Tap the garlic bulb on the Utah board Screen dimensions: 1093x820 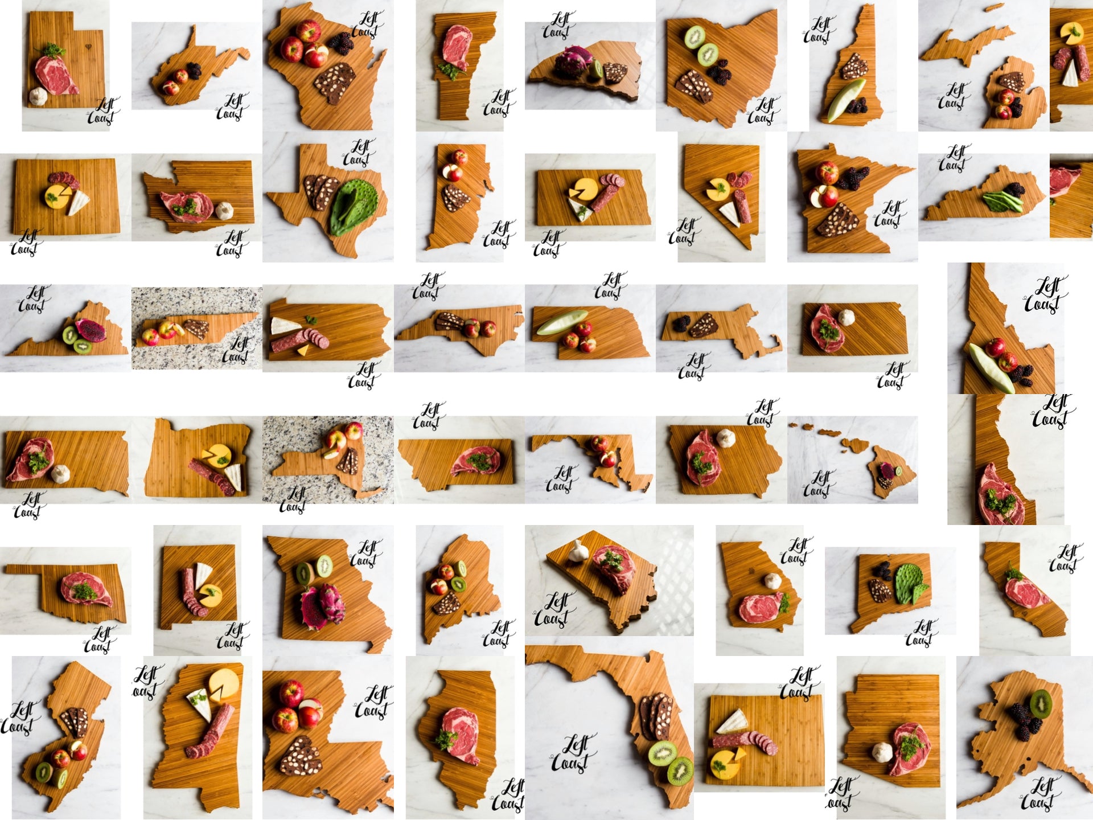[x=38, y=96]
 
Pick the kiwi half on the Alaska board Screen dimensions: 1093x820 [x=1041, y=703]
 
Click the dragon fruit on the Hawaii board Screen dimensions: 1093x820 [x=886, y=470]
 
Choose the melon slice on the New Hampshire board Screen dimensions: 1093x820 [x=846, y=100]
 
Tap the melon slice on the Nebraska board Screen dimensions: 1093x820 [x=562, y=322]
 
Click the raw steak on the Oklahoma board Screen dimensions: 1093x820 [x=87, y=589]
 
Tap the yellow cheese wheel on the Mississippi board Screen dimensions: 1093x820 [x=224, y=684]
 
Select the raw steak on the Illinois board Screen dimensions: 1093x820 [x=461, y=736]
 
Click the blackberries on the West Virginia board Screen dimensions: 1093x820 [x=194, y=71]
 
